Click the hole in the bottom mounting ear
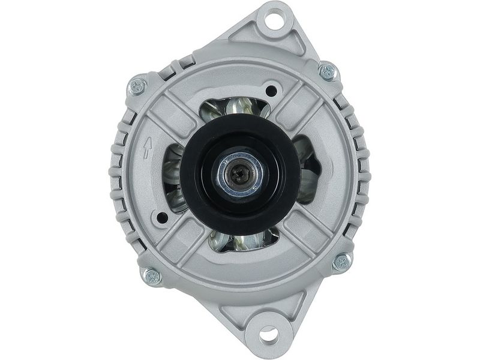point(268,333)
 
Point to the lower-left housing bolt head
point(151,276)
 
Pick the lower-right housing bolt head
point(341,261)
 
